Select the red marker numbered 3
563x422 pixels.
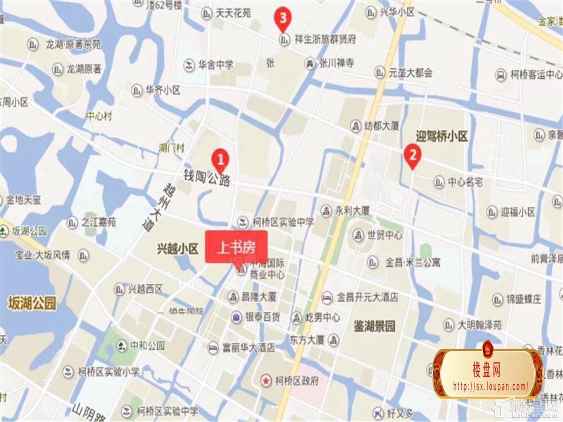click(283, 18)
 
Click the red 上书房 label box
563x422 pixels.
click(236, 247)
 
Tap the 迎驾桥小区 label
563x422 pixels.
click(442, 136)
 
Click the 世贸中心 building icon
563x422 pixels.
click(358, 235)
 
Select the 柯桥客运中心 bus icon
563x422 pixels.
click(501, 75)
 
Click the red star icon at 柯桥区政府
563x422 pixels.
click(266, 380)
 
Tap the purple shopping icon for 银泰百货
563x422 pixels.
click(236, 317)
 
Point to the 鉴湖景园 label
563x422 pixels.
click(374, 326)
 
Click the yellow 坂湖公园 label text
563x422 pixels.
click(32, 303)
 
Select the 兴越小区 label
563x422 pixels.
click(177, 249)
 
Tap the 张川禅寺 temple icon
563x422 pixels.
click(310, 63)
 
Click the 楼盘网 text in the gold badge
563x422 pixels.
click(486, 369)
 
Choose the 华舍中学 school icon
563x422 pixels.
click(189, 65)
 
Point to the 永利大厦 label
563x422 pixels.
click(353, 211)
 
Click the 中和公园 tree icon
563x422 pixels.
click(121, 346)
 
